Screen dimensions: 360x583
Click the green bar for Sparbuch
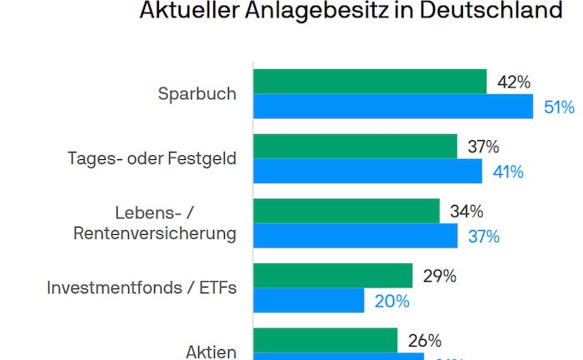(x=370, y=82)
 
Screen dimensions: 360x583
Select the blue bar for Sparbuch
(x=393, y=107)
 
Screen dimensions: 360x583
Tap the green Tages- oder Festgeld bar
(x=355, y=147)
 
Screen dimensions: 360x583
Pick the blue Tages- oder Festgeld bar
(x=367, y=171)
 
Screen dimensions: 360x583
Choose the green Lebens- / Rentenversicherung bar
(x=346, y=211)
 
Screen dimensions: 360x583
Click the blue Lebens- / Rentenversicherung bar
(x=355, y=236)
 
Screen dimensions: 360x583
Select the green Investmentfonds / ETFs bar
(x=333, y=276)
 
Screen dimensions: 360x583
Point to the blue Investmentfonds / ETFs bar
(x=309, y=300)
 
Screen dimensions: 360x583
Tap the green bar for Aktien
(x=326, y=340)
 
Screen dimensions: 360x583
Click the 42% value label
(x=514, y=82)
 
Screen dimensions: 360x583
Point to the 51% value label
(x=559, y=107)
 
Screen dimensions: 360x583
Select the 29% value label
(x=439, y=277)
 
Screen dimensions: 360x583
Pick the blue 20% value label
(x=391, y=301)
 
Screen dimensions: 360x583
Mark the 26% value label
(x=424, y=341)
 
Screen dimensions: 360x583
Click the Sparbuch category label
(x=197, y=93)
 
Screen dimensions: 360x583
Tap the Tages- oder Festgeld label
(x=152, y=158)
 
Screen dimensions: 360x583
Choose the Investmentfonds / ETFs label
(x=142, y=288)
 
